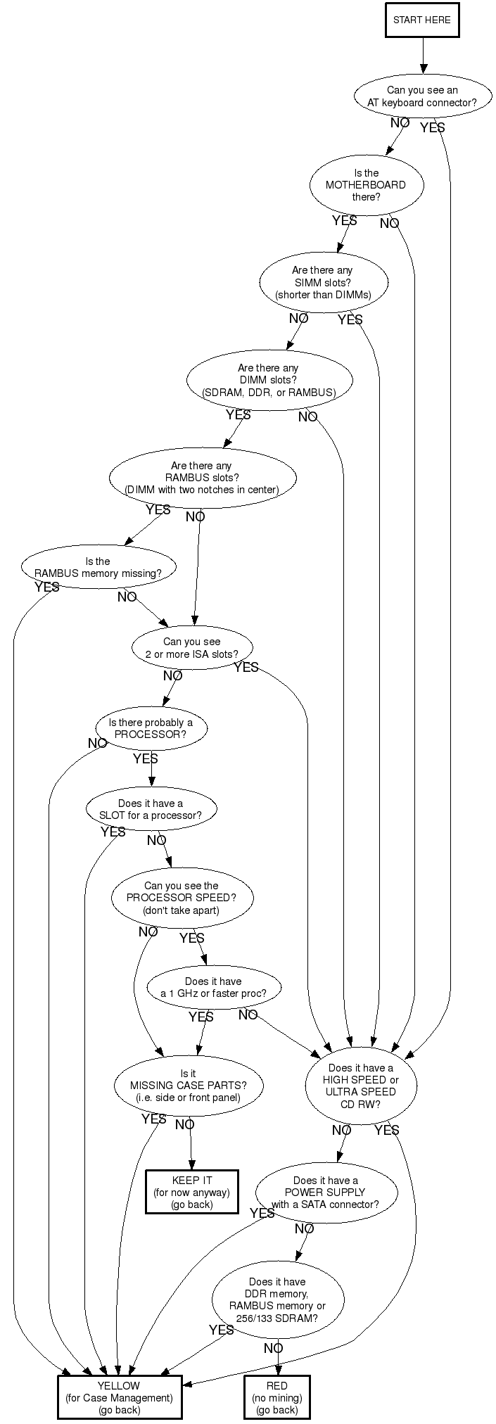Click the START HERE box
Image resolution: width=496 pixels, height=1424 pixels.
coord(422,20)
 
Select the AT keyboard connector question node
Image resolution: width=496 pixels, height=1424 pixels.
coord(422,96)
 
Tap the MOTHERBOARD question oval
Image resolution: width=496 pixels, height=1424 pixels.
coord(366,185)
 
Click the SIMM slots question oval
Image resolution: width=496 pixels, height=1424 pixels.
coord(323,282)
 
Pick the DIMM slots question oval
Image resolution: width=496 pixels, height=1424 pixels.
coord(269,380)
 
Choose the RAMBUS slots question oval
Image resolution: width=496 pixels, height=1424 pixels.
coord(201,478)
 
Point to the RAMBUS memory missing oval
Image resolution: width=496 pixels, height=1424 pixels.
coord(98,567)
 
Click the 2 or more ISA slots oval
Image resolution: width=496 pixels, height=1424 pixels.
coord(192,648)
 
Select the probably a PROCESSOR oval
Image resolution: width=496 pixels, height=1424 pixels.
coord(151,728)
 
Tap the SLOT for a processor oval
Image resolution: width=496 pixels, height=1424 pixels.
coord(151,809)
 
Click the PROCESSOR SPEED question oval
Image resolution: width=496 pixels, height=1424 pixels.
coord(182,898)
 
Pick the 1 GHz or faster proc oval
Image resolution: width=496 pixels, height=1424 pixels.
coord(213,987)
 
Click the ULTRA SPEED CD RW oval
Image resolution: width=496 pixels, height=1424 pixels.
coord(361,1086)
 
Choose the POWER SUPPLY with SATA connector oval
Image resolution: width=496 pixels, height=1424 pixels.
coord(325,1192)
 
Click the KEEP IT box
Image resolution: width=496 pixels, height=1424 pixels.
coord(192,1192)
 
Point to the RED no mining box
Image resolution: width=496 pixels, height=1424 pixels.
coord(277,1397)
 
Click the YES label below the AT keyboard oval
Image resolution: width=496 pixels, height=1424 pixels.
coord(432,128)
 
